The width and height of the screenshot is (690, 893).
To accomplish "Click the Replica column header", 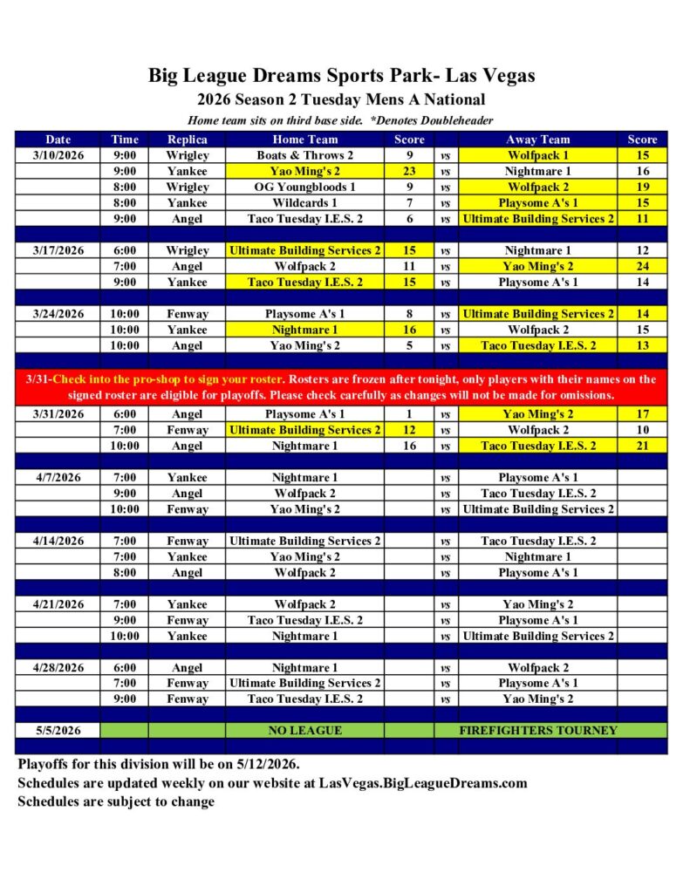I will (x=188, y=140).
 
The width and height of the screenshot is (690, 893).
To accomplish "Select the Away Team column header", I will (x=537, y=140).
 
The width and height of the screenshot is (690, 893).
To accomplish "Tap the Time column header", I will (x=125, y=140).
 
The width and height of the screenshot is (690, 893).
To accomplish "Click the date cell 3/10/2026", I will (x=59, y=155).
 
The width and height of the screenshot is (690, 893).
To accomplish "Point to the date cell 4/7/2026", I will (x=59, y=478).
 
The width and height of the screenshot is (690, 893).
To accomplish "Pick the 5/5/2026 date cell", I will (x=59, y=730).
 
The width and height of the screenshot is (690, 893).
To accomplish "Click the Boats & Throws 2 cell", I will (x=304, y=155).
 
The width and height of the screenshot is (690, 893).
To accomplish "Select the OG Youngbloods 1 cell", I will (x=304, y=187).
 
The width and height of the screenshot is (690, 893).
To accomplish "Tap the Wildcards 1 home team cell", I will (x=304, y=202).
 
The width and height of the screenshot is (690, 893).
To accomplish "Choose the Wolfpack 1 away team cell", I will (x=537, y=155).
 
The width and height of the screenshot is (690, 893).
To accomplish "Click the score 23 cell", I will (x=409, y=171).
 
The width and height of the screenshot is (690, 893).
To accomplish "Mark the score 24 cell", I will (x=642, y=266).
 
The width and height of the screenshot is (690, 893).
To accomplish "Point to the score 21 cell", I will (x=642, y=446).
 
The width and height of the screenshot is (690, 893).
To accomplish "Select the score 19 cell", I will (x=642, y=187).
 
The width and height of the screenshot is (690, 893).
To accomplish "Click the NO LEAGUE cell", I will (x=304, y=730).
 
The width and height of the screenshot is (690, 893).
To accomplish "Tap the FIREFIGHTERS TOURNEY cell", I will (x=537, y=730).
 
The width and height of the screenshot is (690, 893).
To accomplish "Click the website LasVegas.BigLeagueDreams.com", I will (x=424, y=782).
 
